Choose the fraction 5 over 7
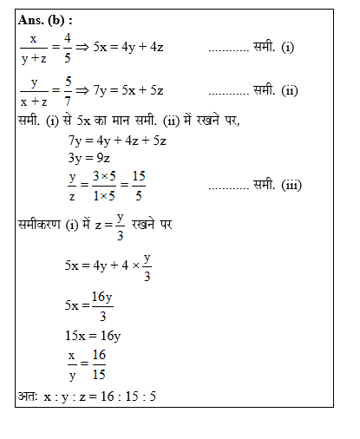[68, 91]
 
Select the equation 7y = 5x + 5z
[129, 91]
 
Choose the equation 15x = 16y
[93, 336]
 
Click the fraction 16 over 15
[98, 365]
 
